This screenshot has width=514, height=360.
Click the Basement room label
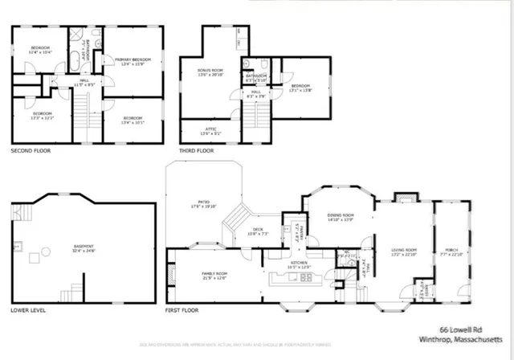point(84,246)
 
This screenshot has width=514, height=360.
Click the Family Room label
point(214,274)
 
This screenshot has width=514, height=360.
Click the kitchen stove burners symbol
point(306,277)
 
